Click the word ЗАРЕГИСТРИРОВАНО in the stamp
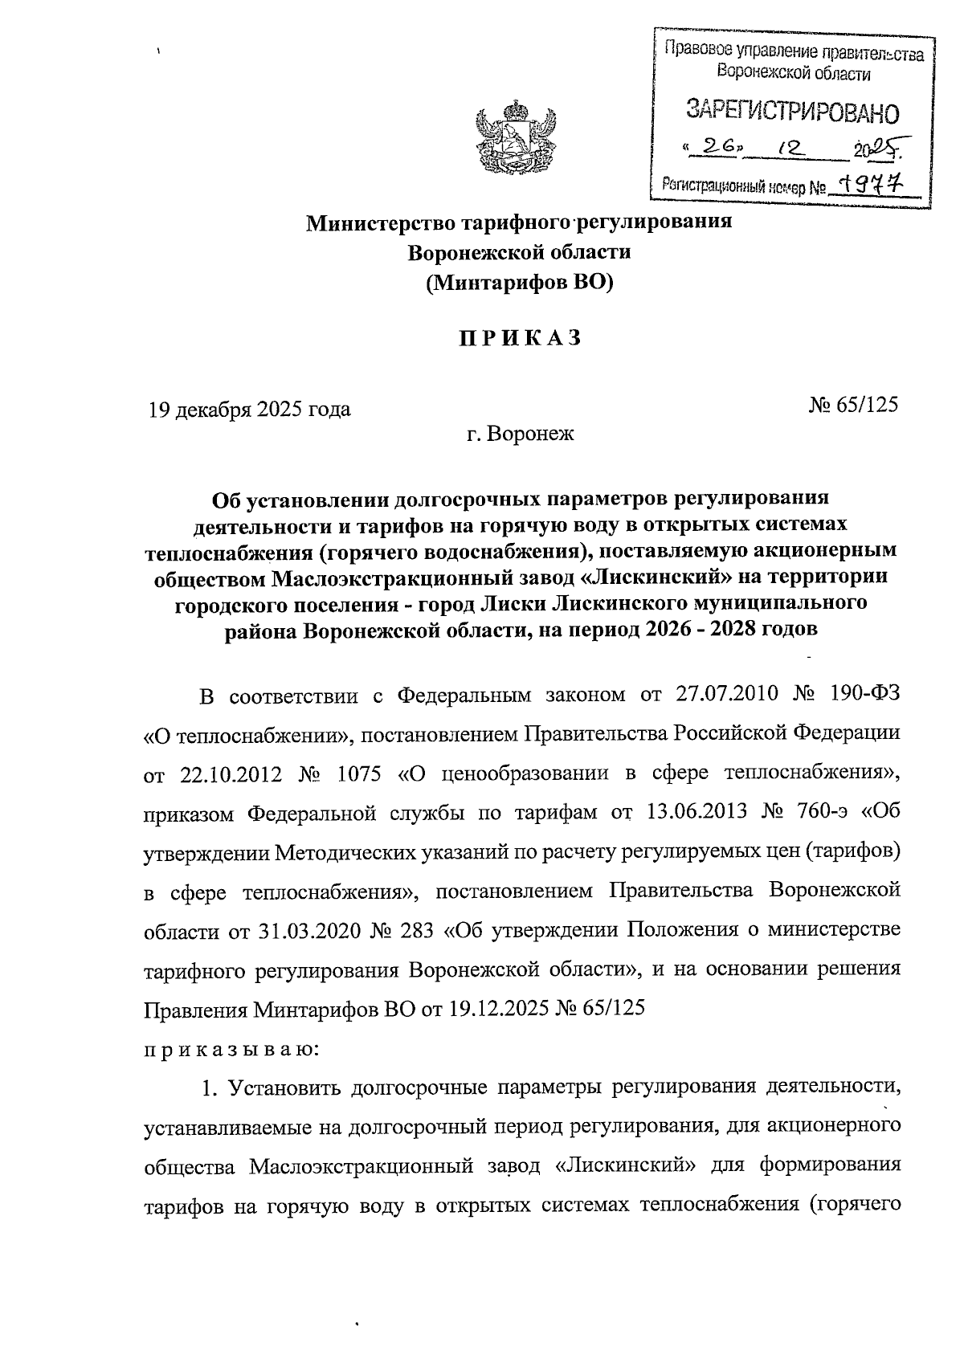tap(791, 111)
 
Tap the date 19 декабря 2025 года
tap(248, 410)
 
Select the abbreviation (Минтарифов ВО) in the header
tap(519, 283)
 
